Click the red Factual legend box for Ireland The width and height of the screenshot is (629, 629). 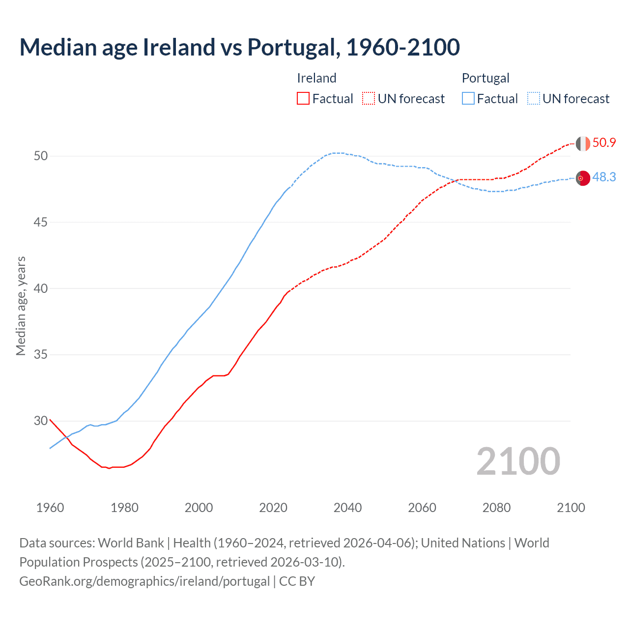tap(303, 98)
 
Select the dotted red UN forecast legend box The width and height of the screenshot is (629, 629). tap(369, 98)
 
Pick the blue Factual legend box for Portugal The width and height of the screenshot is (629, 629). tap(468, 98)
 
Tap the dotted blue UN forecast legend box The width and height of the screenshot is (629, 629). tap(534, 98)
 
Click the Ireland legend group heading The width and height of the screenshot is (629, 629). tap(316, 78)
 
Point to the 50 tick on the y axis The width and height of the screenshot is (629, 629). tap(41, 156)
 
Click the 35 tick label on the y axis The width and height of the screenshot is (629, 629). tap(41, 354)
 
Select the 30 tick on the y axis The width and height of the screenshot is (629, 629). tap(41, 421)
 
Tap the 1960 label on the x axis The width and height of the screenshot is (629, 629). tap(50, 508)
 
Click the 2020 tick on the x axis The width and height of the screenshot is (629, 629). tap(273, 508)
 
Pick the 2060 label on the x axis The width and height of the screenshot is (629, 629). tap(422, 508)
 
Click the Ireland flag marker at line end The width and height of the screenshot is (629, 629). tap(583, 143)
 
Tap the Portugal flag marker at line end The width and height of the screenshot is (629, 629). tap(583, 178)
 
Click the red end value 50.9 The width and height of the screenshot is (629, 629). tap(604, 143)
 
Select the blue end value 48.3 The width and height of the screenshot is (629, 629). tap(604, 177)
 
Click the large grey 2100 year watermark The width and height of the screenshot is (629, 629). tap(518, 461)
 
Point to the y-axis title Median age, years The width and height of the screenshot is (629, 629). tap(21, 306)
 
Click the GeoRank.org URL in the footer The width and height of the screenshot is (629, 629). tap(144, 581)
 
